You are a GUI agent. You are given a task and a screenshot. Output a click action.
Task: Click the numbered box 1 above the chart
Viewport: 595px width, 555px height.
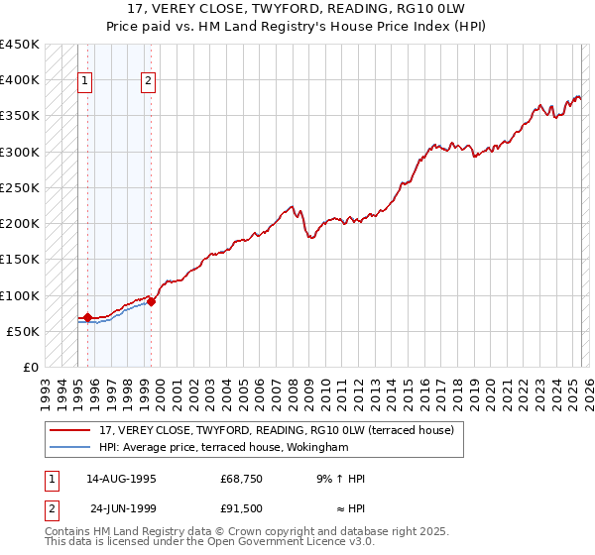point(84,82)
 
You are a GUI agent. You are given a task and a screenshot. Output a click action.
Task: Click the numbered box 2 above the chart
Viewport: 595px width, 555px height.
point(148,82)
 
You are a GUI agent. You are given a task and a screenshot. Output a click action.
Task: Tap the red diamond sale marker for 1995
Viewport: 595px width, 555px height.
point(88,318)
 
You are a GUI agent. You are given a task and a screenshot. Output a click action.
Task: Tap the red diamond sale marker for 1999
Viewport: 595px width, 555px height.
point(152,301)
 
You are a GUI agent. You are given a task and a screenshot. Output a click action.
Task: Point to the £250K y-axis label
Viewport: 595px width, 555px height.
point(20,187)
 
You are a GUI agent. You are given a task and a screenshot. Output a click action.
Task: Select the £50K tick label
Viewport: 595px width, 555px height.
point(24,331)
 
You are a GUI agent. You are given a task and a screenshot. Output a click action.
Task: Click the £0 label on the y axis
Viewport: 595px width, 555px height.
point(31,367)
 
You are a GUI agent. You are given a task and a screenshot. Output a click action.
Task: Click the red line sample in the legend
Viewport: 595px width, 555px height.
point(69,430)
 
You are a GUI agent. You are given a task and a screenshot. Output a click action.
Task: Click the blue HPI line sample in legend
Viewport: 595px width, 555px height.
point(69,447)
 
